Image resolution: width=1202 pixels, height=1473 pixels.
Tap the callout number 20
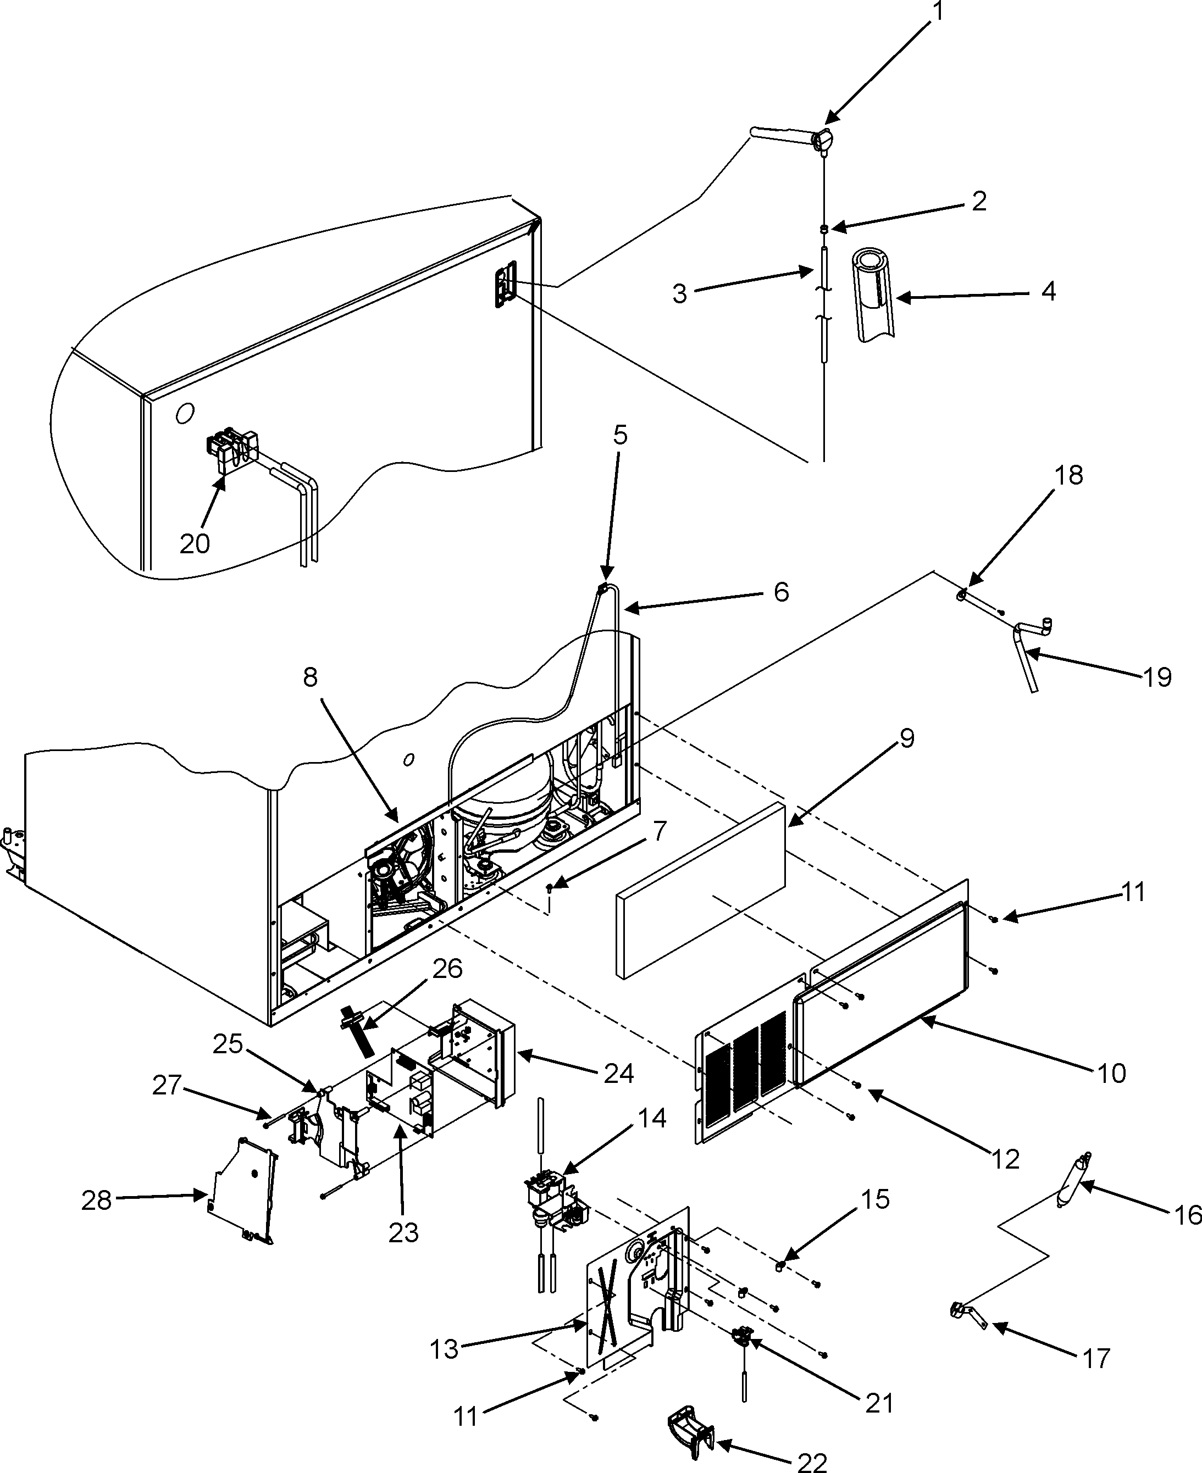pos(195,543)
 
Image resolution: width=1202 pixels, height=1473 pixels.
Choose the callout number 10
pos(1111,1073)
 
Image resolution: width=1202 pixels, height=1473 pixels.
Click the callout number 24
pos(618,1074)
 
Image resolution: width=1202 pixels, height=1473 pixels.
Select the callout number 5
pos(620,435)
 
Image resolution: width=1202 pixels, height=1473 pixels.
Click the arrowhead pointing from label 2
pos(835,227)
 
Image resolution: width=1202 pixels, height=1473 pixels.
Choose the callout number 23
pos(403,1232)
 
